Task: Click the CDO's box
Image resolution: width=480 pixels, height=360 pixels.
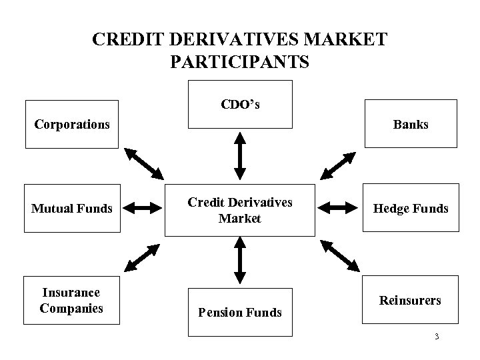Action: pos(240,104)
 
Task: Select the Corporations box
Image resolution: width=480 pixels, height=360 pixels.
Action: pos(72,124)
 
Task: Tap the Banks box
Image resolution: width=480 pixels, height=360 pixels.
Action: pos(411,124)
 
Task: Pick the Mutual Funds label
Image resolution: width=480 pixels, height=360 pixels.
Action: pos(72,209)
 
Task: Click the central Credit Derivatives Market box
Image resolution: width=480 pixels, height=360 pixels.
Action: pos(240,210)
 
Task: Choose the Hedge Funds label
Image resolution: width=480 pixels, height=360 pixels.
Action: pos(411,209)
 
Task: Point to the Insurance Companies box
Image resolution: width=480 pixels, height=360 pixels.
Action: pos(71,301)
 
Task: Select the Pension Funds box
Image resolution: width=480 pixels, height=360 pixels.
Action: pos(240,312)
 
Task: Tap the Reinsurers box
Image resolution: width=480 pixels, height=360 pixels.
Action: pos(411,301)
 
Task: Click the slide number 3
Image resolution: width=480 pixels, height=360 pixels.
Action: pos(436,337)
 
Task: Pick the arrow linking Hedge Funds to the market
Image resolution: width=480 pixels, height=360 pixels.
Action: pos(338,209)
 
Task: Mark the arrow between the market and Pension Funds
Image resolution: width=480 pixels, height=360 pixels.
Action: pos(240,261)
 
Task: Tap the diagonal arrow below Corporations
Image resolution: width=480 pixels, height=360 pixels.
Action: pos(145,162)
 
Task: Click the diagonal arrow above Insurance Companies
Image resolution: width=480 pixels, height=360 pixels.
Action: pos(141,255)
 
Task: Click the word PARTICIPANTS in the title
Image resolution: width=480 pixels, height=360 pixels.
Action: pos(240,62)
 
